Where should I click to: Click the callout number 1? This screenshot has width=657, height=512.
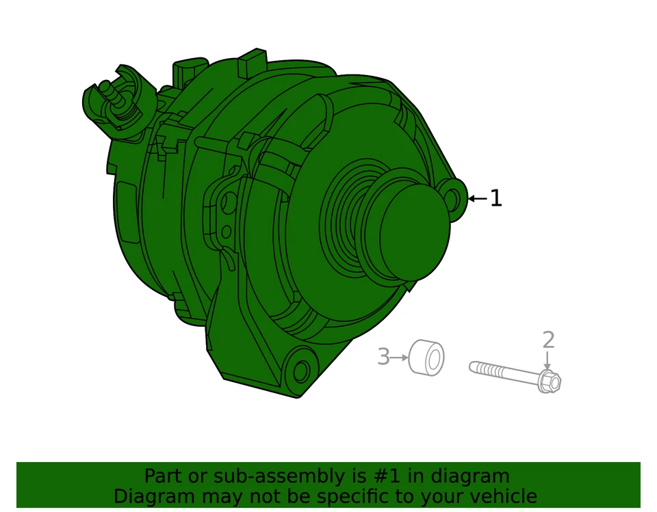(x=496, y=199)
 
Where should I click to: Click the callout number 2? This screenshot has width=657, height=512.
(x=548, y=340)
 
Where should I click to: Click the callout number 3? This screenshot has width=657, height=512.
(x=383, y=357)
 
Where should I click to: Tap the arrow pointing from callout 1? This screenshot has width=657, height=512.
(x=477, y=199)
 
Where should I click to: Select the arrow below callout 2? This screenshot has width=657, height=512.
(x=547, y=360)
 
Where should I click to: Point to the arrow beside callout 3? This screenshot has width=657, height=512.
(x=399, y=358)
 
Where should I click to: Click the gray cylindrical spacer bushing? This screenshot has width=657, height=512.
(x=426, y=358)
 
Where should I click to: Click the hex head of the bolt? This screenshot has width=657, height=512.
(x=550, y=381)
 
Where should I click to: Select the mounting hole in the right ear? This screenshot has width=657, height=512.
(x=452, y=198)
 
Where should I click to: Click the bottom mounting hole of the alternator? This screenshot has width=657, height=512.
(x=300, y=373)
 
